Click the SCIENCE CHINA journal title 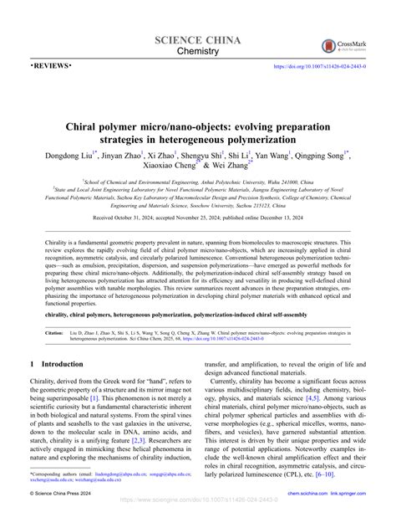197,41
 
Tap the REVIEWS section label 51,65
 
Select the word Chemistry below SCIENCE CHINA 198,53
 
